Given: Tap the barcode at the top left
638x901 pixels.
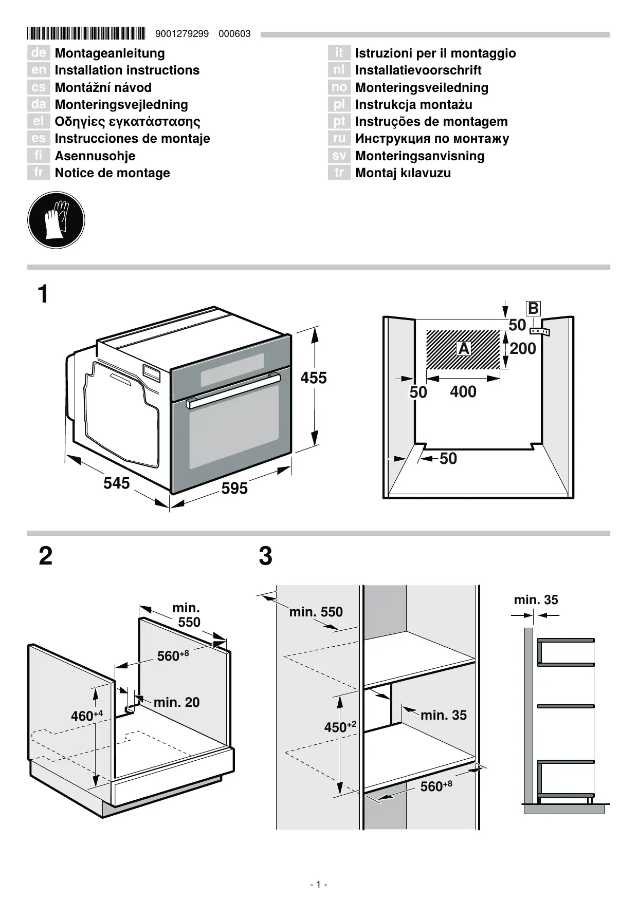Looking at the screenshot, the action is point(86,34).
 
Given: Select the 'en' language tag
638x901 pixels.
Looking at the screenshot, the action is point(39,70).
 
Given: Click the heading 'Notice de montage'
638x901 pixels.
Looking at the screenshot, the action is point(113,173).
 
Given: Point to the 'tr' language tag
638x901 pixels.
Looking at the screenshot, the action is point(339,173).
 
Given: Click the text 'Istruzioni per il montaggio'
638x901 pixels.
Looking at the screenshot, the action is point(435,53).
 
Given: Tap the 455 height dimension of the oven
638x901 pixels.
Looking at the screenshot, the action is point(314,378).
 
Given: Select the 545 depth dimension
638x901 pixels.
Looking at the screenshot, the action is point(117,483).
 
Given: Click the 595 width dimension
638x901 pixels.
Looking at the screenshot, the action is point(235,488).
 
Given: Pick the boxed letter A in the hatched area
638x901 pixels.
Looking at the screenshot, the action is point(464,348).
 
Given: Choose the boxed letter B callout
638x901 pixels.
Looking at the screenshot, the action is point(533,308).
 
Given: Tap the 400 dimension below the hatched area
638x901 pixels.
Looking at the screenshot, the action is point(463,391).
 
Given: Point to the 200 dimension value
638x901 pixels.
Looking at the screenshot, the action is point(523,348).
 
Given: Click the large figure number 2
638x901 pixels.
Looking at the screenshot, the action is point(46,556).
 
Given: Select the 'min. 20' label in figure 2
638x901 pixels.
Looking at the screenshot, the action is point(176,702).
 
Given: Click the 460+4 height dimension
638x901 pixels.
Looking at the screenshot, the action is point(87,715).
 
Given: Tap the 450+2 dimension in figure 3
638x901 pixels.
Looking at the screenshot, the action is point(340,726).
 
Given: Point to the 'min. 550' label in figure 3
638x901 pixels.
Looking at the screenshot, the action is point(316,612).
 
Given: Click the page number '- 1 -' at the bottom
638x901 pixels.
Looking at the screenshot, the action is point(319,884).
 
